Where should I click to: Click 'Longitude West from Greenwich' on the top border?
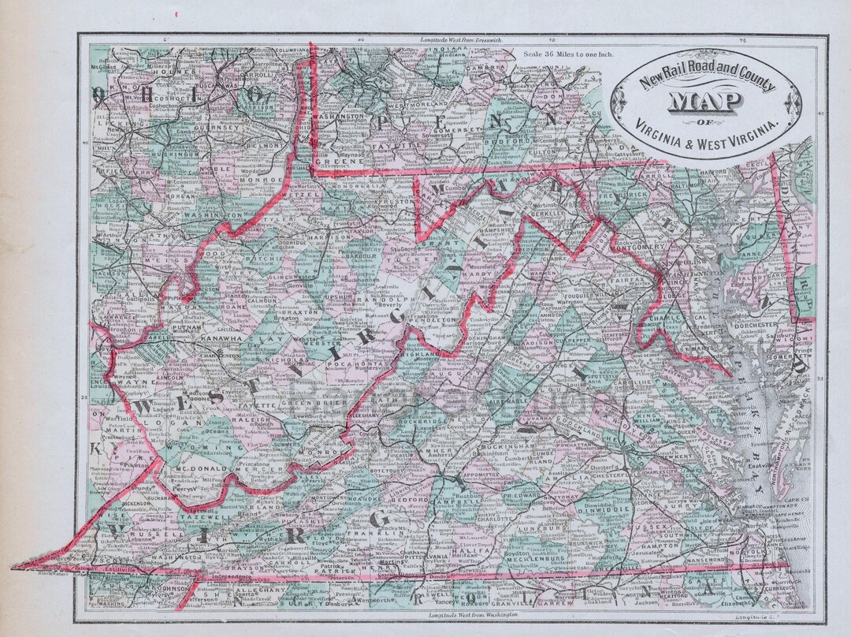(x=457, y=39)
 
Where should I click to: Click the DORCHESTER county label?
(x=755, y=324)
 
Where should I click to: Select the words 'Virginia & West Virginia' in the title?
(x=709, y=124)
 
